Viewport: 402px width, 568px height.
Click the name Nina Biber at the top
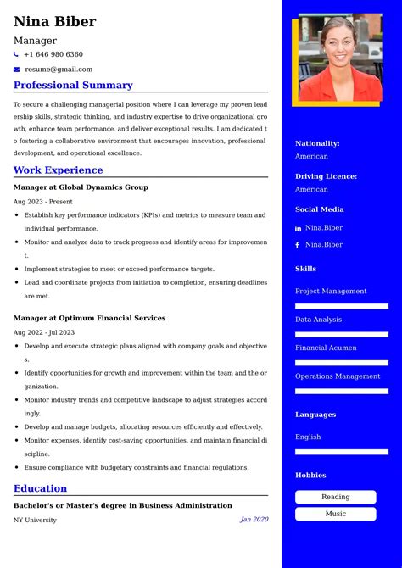[55, 22]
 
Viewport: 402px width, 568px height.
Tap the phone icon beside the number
[16, 54]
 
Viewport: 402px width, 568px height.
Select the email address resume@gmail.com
[59, 70]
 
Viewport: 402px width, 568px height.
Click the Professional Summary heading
[73, 86]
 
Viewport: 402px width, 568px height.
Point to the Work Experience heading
[58, 170]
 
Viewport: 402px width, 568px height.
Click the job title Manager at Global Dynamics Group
[81, 187]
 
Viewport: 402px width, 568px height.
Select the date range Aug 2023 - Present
[43, 202]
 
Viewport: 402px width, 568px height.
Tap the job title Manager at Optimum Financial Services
[89, 319]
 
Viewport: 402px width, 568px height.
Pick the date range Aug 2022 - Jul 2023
[44, 332]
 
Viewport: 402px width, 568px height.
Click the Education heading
[40, 488]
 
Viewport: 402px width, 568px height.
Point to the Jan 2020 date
[254, 520]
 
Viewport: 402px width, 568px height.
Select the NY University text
[35, 520]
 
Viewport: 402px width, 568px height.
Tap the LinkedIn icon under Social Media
[298, 229]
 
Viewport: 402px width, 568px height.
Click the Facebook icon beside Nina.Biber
[298, 245]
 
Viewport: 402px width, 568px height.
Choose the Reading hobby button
[335, 498]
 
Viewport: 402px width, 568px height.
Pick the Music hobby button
[335, 514]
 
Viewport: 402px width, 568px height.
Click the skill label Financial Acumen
[326, 348]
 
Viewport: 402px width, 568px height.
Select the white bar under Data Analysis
[341, 335]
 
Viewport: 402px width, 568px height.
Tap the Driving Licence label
[326, 176]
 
